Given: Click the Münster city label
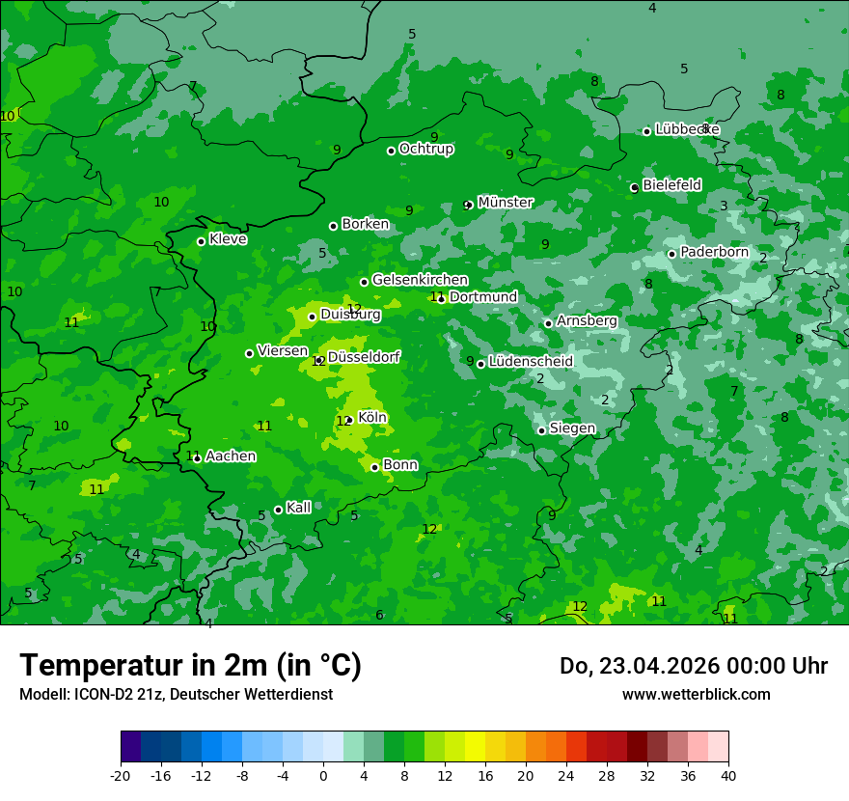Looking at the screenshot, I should tap(505, 203).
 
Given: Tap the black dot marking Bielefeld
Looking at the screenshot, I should tap(635, 187).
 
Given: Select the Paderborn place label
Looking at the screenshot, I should tap(714, 252).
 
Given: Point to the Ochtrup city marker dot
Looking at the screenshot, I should tap(392, 151).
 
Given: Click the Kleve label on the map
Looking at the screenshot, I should tap(228, 239).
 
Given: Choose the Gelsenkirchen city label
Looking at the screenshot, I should tap(420, 280).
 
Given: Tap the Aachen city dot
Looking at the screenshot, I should tap(198, 458).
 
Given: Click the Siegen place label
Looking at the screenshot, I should tap(572, 428).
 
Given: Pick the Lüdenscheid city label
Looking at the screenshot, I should tap(531, 362).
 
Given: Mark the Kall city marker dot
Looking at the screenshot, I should tap(279, 510).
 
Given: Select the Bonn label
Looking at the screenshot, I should tap(400, 465).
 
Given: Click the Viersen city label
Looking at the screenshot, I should tap(283, 351).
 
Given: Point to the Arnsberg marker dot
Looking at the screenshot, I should tap(548, 323).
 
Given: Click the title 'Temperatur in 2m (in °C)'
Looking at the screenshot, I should tap(190, 666).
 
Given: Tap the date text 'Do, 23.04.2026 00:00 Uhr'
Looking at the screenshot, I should tap(694, 667).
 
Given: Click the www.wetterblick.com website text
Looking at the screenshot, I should tap(696, 695).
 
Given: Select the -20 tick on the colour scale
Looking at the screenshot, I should tap(121, 776).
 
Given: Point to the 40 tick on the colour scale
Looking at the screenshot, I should tap(728, 776).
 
